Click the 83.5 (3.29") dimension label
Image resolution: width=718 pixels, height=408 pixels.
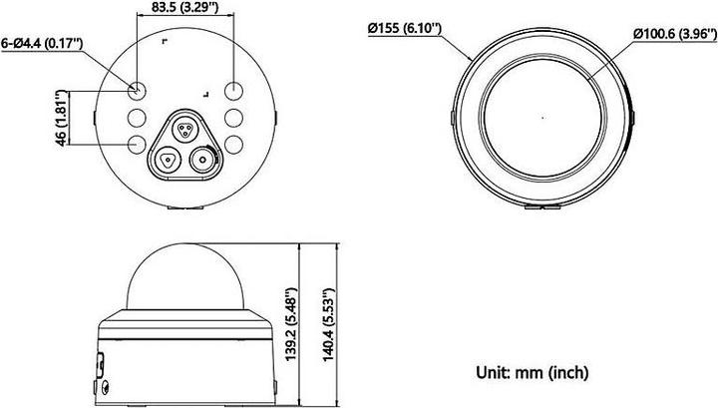click(x=186, y=11)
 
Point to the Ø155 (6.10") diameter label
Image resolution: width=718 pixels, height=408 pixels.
click(x=406, y=28)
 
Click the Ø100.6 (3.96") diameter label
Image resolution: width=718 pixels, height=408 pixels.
click(x=671, y=34)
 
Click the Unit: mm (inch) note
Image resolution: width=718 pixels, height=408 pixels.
click(x=533, y=372)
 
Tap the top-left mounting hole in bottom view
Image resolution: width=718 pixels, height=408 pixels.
click(x=138, y=90)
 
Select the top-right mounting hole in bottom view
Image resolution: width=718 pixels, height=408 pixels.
click(x=233, y=90)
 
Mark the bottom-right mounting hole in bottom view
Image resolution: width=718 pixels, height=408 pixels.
click(x=233, y=145)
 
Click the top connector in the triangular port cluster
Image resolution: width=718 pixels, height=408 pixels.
click(x=185, y=128)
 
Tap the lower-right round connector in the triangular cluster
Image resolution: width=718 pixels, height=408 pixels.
click(x=204, y=158)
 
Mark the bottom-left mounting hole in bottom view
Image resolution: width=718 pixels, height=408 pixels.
click(x=138, y=145)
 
